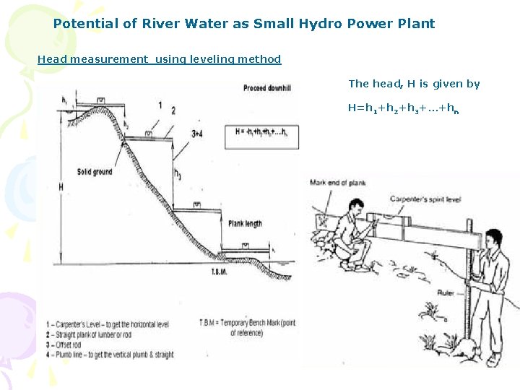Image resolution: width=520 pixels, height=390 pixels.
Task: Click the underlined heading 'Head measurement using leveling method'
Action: tap(159, 59)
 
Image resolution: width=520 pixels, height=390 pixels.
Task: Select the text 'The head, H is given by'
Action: tap(414, 84)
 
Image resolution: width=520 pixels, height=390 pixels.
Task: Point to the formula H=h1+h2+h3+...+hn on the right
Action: tap(404, 108)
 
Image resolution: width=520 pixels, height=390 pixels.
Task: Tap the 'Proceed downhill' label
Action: tap(268, 89)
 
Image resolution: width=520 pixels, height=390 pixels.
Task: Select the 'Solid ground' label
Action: tap(95, 172)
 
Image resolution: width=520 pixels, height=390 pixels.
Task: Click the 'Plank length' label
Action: tap(245, 223)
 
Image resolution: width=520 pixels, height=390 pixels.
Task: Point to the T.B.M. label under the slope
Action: tap(221, 272)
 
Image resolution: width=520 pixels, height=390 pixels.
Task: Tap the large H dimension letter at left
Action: tap(61, 186)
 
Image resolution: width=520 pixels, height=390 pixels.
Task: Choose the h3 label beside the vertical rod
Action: tap(178, 174)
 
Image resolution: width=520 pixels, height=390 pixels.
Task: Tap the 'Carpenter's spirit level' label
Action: tap(425, 198)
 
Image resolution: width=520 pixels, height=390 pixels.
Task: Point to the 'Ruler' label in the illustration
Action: tap(446, 293)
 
